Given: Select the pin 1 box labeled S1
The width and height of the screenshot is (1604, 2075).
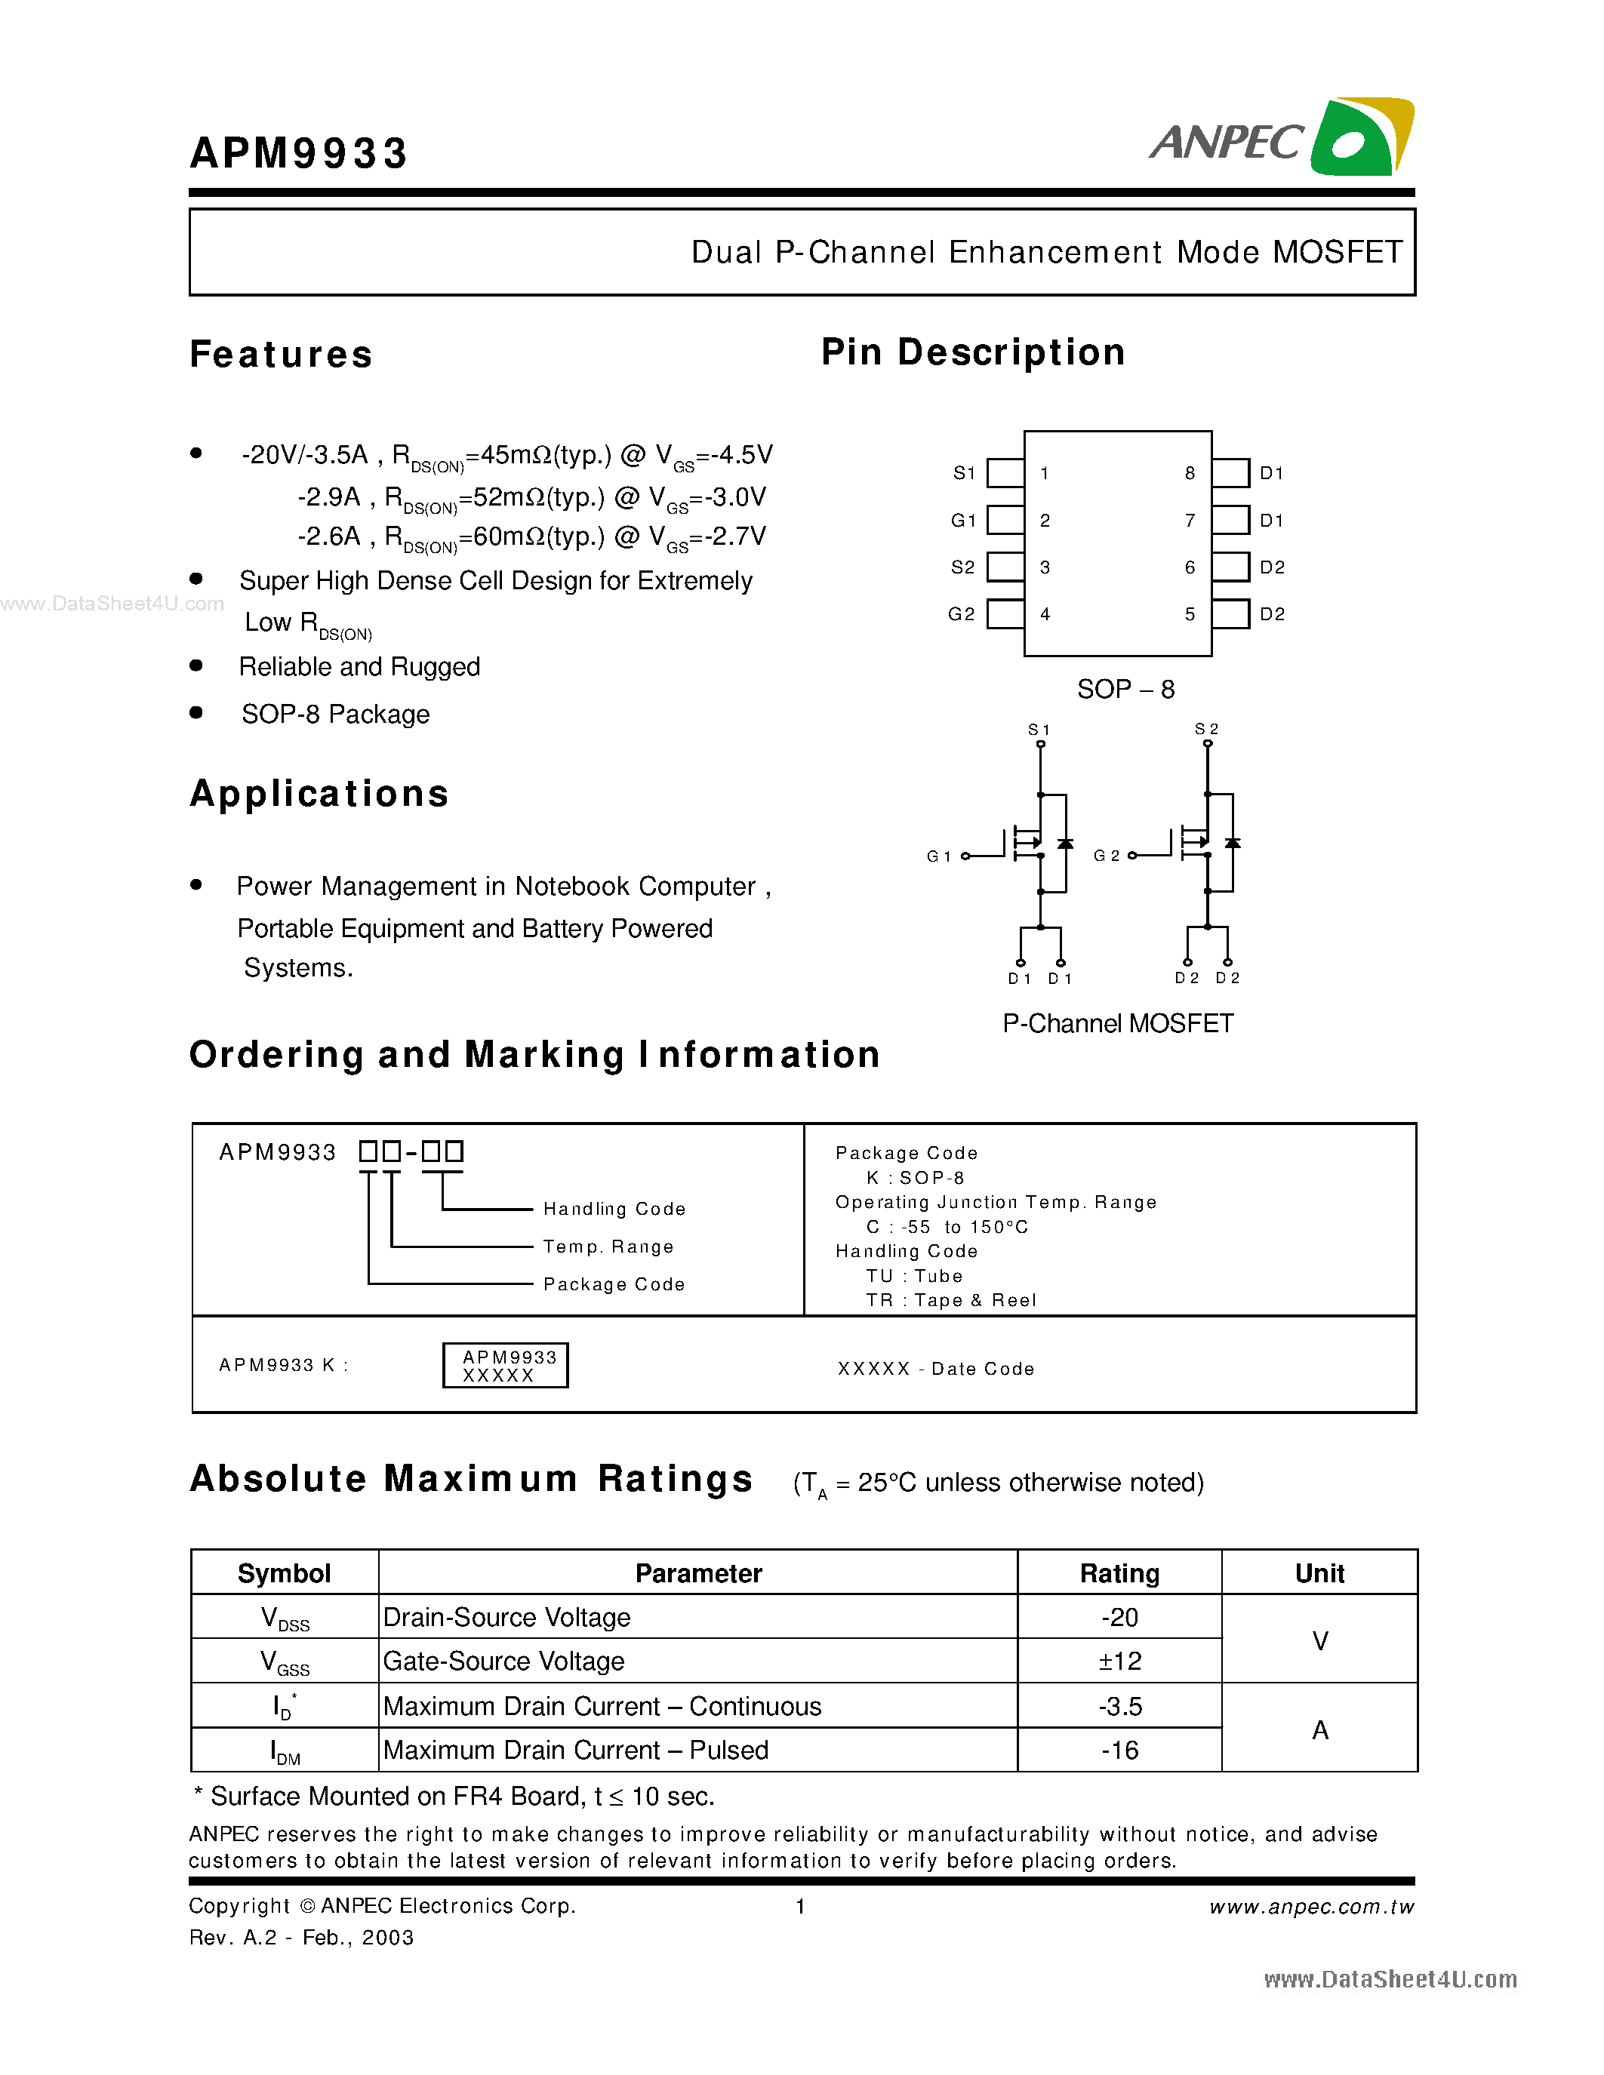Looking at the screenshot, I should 1005,473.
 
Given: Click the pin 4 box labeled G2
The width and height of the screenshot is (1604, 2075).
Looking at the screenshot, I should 1005,613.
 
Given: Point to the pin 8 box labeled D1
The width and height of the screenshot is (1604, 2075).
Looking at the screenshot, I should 1230,473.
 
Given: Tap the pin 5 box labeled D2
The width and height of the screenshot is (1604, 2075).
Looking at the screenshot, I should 1230,613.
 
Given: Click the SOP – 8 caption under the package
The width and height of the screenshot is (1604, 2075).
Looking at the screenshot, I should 1125,690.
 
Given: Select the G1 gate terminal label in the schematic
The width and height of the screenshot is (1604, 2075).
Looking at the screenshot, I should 938,856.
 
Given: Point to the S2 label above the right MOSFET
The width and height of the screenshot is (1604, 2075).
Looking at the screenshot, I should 1206,729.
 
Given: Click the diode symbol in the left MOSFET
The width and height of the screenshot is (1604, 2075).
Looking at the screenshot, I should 1065,844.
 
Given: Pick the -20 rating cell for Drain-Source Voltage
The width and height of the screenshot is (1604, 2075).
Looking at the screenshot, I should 1119,1617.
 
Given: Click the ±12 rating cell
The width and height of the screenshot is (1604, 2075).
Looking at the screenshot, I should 1119,1661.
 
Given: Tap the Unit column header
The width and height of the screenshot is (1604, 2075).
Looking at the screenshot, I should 1319,1573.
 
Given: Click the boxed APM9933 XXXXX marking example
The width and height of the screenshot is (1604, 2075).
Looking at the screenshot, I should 504,1365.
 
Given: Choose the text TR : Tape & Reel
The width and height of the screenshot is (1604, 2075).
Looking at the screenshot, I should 950,1301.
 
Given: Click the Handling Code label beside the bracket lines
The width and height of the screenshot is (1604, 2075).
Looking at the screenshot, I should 614,1209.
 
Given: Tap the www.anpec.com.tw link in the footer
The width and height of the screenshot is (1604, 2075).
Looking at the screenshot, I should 1311,1907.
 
